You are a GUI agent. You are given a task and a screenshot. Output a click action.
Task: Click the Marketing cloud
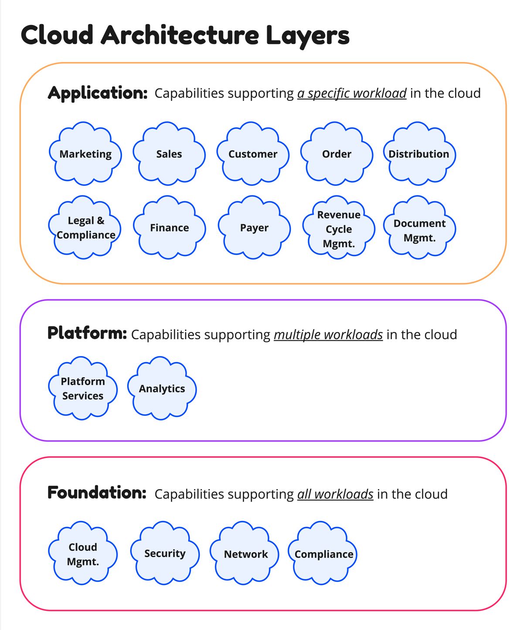(85, 154)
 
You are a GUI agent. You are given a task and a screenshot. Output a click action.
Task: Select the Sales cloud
(169, 154)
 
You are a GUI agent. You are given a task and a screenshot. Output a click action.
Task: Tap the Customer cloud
(253, 154)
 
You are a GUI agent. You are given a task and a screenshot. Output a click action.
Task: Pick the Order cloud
(337, 154)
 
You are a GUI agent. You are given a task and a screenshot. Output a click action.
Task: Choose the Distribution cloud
(419, 154)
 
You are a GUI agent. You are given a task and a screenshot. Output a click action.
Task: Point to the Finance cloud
(170, 227)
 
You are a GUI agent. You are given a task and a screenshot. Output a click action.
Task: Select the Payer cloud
(254, 227)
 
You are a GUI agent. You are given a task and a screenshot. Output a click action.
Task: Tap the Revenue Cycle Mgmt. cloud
(339, 227)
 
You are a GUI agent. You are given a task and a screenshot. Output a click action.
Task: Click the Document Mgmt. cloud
(419, 227)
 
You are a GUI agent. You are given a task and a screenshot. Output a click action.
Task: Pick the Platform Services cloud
(83, 388)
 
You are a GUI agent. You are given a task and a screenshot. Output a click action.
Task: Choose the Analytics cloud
(162, 388)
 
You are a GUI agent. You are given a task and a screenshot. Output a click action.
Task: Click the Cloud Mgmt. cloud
(83, 553)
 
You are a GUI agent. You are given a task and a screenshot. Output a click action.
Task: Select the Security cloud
(165, 553)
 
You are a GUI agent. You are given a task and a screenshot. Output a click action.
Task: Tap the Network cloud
(245, 553)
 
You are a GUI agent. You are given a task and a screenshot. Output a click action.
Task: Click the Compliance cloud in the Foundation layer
(323, 553)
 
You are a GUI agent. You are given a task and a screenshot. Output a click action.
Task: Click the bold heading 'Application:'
(98, 93)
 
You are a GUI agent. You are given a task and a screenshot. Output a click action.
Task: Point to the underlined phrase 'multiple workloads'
(328, 335)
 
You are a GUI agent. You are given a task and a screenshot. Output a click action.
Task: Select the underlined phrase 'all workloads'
(335, 494)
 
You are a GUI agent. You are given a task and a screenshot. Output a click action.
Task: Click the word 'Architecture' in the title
(180, 35)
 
